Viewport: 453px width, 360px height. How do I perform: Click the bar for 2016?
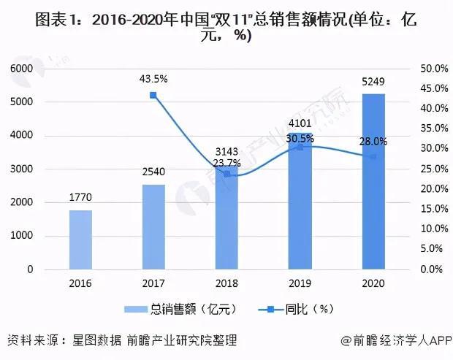pos(80,240)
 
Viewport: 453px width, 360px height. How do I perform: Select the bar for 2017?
pos(153,226)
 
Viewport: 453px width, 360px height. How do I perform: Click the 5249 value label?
pos(373,83)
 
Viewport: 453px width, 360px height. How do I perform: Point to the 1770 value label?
pos(80,199)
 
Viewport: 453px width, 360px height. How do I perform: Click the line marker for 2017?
pos(153,95)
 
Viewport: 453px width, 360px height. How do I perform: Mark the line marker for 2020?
pos(373,156)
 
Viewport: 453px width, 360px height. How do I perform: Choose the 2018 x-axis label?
pos(226,283)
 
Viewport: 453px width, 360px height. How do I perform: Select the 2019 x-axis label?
pos(300,283)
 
